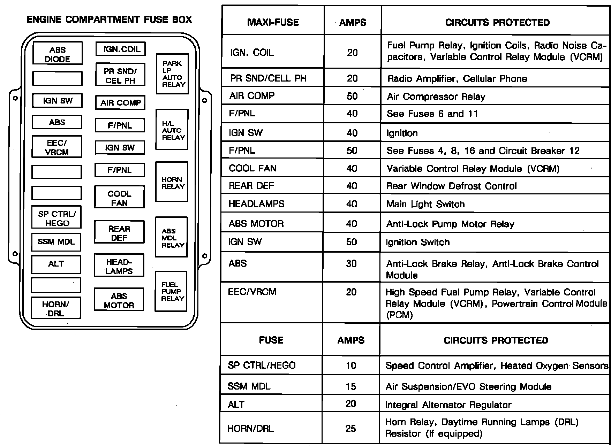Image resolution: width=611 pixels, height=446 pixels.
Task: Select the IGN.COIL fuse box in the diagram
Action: point(121,49)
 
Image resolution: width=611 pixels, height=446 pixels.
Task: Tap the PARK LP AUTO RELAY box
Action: point(172,74)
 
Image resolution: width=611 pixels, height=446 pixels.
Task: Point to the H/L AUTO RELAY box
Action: point(172,130)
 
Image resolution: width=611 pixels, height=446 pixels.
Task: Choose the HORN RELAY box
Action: point(172,182)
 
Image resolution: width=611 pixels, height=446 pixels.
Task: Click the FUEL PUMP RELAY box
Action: point(171,291)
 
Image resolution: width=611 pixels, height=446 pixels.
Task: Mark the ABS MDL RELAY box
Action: point(171,237)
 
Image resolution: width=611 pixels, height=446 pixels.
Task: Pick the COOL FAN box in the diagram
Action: point(119,198)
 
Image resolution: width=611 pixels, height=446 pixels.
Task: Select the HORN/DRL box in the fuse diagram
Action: point(56,308)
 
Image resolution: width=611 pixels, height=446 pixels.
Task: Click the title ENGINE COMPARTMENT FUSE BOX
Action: point(109,20)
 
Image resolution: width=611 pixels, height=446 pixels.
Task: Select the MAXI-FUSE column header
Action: point(273,23)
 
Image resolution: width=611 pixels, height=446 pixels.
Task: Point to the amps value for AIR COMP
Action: point(352,96)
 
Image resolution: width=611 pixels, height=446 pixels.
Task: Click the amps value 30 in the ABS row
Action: point(352,264)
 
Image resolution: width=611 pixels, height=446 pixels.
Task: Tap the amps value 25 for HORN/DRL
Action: point(351,428)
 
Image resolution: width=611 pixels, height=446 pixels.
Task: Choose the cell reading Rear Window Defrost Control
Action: point(452,186)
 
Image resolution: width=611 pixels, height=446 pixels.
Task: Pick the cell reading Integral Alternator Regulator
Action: point(448,405)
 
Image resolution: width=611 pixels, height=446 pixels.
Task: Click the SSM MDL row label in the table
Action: point(249,386)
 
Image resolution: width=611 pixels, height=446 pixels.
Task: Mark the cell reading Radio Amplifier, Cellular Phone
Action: point(457,79)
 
